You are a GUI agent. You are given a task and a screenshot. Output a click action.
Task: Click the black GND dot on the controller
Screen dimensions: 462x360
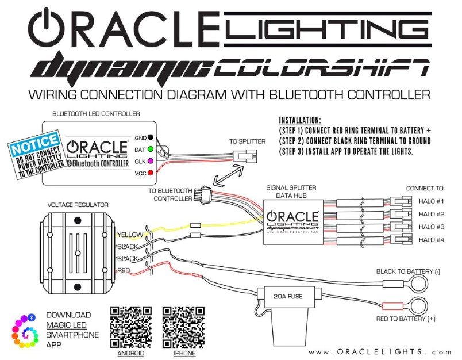(151, 137)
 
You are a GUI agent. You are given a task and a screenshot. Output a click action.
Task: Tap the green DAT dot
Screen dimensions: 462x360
(151, 149)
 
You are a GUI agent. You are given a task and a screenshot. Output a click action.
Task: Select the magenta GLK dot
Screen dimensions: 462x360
(151, 161)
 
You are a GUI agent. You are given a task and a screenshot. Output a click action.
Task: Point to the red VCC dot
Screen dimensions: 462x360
(151, 173)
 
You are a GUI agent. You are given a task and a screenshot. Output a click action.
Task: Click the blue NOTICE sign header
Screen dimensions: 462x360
(34, 144)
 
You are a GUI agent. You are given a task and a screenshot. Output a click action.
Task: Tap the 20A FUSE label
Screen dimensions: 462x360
(288, 296)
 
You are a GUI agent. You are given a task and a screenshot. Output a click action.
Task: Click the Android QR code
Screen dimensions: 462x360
(131, 327)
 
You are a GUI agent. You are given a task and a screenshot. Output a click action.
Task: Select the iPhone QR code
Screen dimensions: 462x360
(183, 327)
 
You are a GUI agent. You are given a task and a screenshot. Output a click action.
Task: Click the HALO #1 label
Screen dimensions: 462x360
(432, 201)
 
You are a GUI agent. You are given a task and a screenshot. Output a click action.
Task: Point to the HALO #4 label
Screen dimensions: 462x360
(432, 239)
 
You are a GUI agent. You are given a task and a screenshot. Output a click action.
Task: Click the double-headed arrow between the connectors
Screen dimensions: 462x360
(229, 175)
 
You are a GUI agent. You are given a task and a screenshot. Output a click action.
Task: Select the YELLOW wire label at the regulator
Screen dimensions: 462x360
(130, 235)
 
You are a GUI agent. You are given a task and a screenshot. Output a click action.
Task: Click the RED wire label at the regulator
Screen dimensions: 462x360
(124, 270)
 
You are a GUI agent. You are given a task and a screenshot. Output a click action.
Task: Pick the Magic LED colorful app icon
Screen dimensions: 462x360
(25, 331)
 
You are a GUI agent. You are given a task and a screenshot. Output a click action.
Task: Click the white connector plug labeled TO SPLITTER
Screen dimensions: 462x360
(245, 156)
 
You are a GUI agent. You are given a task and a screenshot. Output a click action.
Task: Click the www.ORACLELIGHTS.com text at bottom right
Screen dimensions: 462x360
(380, 352)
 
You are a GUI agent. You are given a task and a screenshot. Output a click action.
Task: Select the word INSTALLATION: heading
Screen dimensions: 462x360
(300, 120)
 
